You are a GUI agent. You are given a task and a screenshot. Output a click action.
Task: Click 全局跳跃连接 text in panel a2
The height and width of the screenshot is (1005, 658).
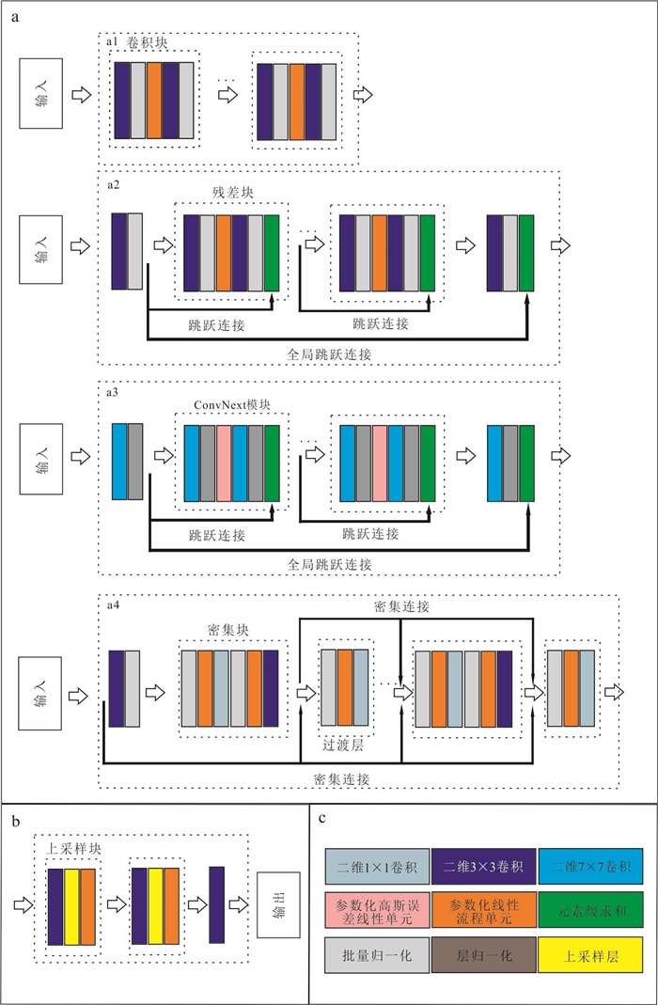(330, 354)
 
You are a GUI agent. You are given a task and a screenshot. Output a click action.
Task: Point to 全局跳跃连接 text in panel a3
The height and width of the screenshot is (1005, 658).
(330, 564)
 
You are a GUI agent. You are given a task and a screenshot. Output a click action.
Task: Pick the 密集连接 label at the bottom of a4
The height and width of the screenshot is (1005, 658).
(343, 779)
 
